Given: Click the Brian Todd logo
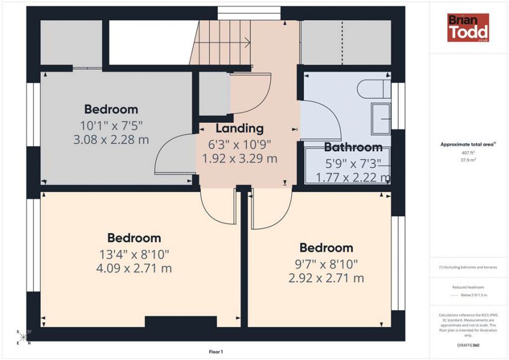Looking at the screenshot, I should tap(468, 28).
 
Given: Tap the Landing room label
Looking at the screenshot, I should tap(240, 128).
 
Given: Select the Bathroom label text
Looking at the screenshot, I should tap(353, 147).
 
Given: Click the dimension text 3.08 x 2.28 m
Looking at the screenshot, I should tap(111, 139).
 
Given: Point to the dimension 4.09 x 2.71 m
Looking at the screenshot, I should tap(134, 268).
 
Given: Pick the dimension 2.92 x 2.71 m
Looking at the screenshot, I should tap(326, 278).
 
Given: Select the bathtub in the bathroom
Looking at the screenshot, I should tap(347, 165).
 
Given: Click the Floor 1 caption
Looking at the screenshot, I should tap(215, 352).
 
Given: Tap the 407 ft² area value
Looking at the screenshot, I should tap(468, 152).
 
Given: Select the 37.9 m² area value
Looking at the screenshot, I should tap(468, 160).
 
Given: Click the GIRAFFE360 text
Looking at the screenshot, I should tap(468, 344).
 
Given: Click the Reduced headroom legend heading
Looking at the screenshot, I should tap(468, 288).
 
